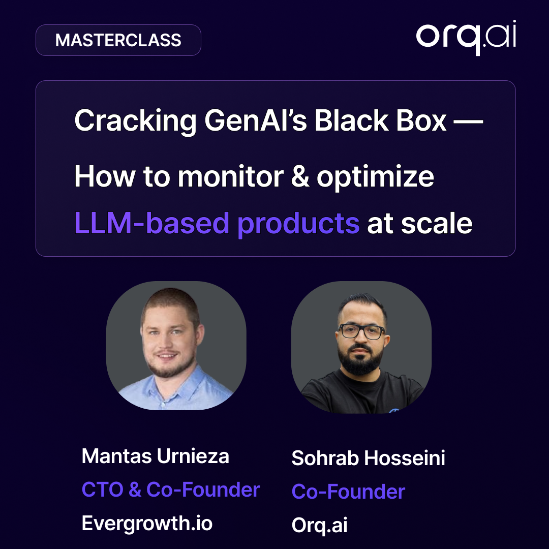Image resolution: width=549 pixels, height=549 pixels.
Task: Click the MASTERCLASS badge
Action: [118, 40]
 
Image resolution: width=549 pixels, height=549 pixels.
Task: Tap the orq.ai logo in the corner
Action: [466, 38]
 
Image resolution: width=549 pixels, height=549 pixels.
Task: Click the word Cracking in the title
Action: [135, 121]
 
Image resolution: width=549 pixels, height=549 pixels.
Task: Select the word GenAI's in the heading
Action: [256, 120]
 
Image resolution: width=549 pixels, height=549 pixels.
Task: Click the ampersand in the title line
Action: [300, 176]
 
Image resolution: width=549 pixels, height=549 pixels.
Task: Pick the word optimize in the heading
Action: [375, 177]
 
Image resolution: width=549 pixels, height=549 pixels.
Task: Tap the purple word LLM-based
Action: [151, 223]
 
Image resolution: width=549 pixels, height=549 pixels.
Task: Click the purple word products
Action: [298, 225]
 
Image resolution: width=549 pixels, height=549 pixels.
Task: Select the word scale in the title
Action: [437, 223]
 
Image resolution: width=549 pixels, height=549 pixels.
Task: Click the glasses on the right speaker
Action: [361, 331]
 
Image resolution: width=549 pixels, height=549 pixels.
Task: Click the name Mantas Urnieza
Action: [156, 456]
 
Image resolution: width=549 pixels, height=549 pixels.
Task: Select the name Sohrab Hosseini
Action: [369, 458]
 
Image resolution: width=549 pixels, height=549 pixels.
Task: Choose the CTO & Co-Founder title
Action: [171, 490]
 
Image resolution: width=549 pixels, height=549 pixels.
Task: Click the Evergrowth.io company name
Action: [147, 524]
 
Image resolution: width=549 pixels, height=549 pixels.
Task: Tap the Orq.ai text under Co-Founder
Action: [320, 526]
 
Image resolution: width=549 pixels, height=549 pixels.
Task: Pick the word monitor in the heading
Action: [231, 177]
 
